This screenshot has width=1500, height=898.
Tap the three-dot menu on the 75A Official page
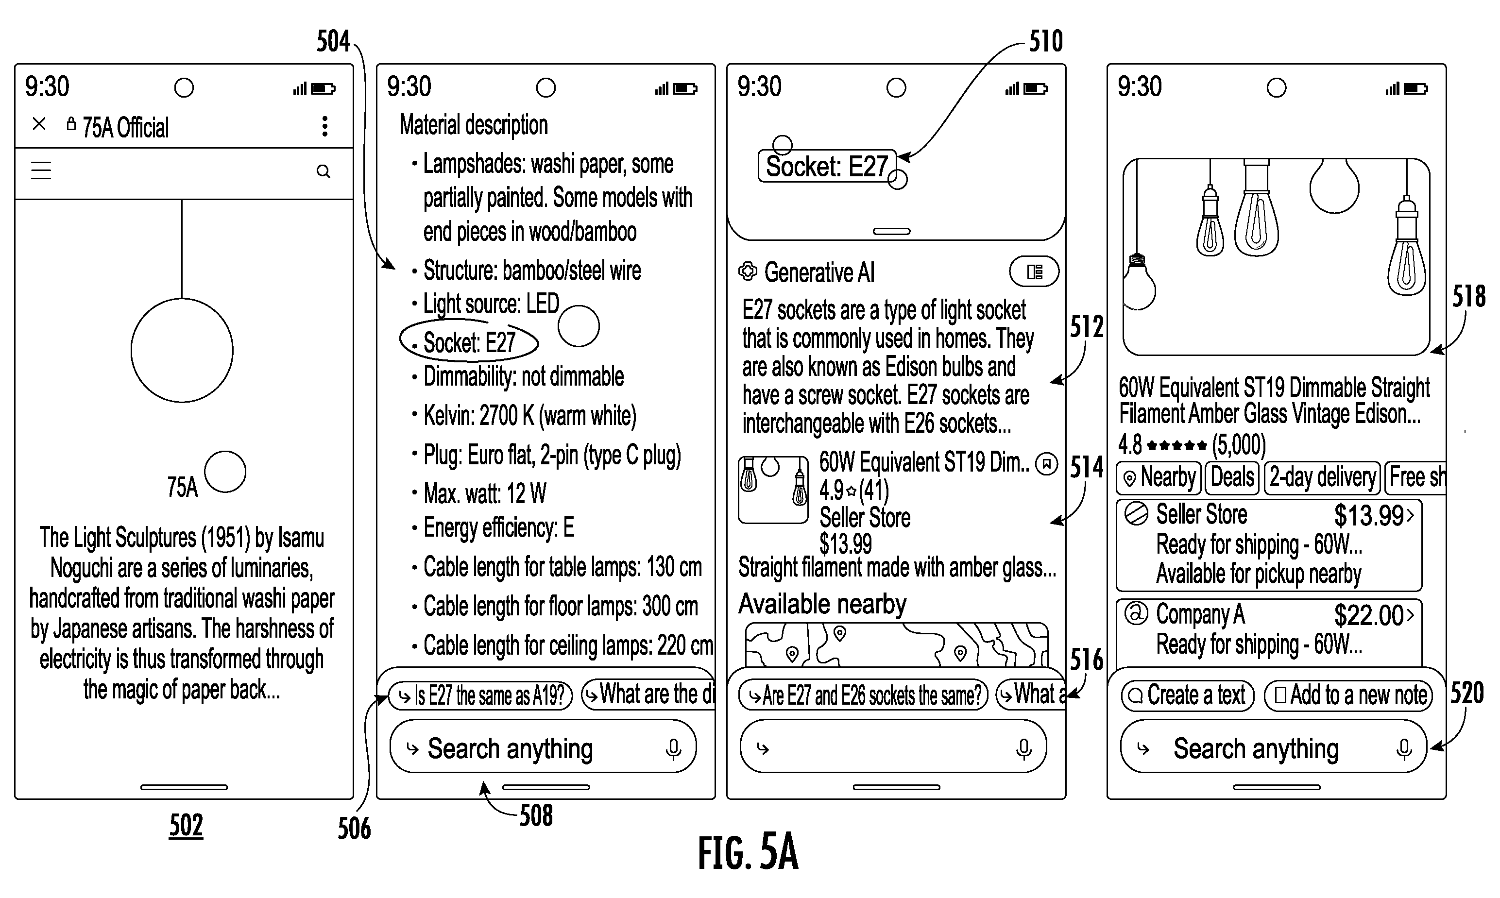(325, 126)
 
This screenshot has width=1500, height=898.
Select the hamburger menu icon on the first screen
(41, 170)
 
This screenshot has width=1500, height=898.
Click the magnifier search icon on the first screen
(324, 172)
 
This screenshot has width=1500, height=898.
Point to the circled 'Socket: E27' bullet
(469, 342)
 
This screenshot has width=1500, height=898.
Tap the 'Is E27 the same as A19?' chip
(480, 696)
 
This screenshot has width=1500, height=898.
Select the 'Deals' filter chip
(1232, 477)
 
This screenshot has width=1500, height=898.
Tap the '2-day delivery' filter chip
(1322, 477)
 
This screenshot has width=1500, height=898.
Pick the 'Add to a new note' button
(1349, 695)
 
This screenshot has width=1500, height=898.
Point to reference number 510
(1046, 41)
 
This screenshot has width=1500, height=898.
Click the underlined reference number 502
(186, 825)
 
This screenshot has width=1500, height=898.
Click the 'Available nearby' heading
(822, 604)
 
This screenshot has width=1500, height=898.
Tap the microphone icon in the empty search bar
(1024, 749)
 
